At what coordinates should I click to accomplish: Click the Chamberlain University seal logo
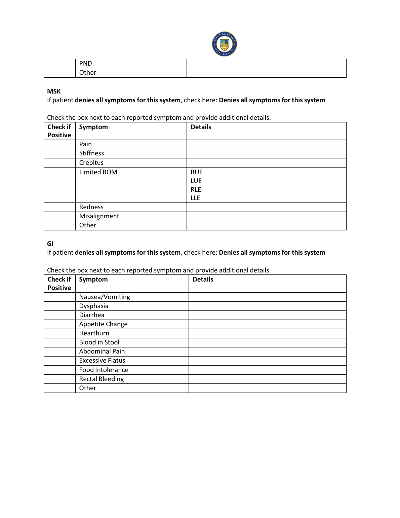(224, 44)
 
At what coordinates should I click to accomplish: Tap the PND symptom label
(85, 64)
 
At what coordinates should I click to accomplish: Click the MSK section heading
(54, 91)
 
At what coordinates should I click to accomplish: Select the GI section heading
(50, 244)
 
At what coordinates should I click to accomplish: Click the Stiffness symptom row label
(91, 153)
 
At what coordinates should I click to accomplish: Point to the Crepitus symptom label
(91, 163)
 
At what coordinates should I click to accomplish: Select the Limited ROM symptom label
(98, 172)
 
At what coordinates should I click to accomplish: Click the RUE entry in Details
(197, 172)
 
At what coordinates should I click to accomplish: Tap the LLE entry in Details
(195, 198)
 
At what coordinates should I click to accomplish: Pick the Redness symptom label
(91, 207)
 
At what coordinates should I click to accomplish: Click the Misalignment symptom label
(99, 216)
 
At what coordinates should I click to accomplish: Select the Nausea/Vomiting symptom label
(105, 297)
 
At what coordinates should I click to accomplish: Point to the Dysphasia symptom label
(94, 306)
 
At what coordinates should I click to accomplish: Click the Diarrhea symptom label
(92, 315)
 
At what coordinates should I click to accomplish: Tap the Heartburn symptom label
(94, 333)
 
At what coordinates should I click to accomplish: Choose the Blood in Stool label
(99, 342)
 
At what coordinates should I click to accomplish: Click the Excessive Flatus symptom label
(102, 361)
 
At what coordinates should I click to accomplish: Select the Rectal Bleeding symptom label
(102, 379)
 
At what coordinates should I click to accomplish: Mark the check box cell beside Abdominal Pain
(59, 351)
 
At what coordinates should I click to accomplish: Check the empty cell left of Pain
(59, 144)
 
